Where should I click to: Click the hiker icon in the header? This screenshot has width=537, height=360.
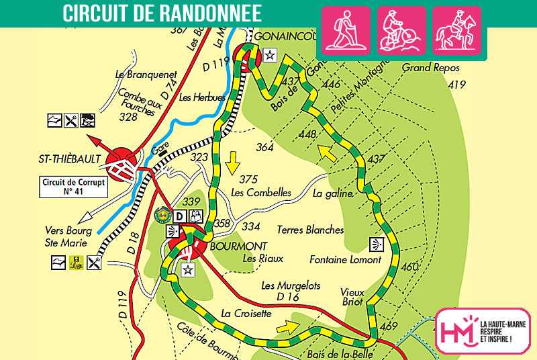click(347, 30)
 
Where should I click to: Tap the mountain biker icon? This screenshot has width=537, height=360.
click(401, 30)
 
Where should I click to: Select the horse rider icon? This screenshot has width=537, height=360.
click(456, 30)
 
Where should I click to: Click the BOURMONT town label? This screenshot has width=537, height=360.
click(239, 246)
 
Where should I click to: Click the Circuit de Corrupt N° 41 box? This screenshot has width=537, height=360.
click(73, 187)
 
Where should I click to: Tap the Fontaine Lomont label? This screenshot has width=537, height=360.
click(345, 259)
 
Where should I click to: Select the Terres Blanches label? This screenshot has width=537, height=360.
click(310, 230)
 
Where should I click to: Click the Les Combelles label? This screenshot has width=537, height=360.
click(261, 193)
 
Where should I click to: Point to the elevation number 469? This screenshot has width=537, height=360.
click(389, 326)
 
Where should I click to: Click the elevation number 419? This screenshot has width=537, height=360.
click(456, 85)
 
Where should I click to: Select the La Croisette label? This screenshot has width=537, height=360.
click(246, 313)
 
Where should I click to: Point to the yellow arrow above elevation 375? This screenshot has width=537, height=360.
click(234, 161)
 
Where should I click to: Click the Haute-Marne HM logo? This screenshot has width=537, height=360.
click(482, 330)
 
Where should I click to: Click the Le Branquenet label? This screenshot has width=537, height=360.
click(146, 75)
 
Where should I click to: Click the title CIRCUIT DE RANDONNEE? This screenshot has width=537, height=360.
click(162, 13)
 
